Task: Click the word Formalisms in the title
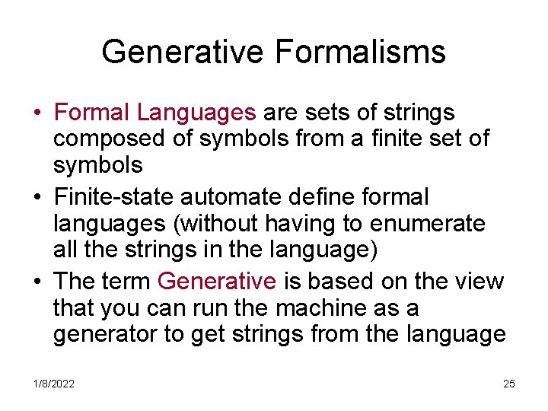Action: pos(361,53)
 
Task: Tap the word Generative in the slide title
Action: pos(183,53)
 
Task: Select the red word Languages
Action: pos(196,113)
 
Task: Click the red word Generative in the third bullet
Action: pos(217,282)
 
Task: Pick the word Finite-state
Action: pos(115,197)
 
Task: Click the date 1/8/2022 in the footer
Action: pos(53,384)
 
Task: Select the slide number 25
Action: pos(509,384)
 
